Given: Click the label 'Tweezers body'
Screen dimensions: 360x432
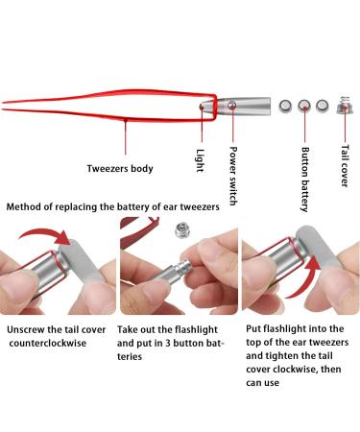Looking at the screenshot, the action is tap(119, 169).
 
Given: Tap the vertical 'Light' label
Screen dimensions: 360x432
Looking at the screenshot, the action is tap(199, 156).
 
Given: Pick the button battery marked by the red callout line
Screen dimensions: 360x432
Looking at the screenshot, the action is tap(306, 107).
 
